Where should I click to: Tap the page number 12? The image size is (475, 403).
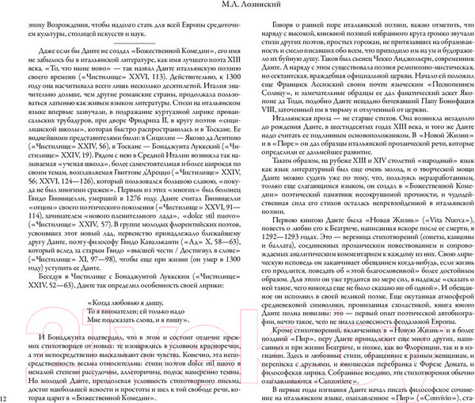pyautogui.click(x=5, y=397)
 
